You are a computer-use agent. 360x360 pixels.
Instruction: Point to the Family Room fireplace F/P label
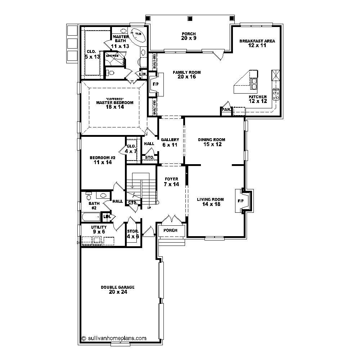coord(156,84)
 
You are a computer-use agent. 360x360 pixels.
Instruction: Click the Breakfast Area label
coord(257,43)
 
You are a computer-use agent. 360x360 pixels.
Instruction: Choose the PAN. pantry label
coord(226,109)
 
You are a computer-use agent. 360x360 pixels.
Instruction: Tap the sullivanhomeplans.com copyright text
coord(114,338)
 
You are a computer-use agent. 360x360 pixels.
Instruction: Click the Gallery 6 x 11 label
coord(170,142)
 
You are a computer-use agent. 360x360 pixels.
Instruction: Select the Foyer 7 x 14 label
coord(171,181)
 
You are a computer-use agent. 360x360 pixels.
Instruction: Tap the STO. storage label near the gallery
coord(149,157)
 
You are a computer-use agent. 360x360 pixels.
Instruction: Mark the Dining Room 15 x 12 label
coord(212,142)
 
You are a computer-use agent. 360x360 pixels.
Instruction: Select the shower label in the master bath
coord(112,56)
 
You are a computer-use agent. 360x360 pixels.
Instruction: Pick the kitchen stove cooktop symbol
coord(276,94)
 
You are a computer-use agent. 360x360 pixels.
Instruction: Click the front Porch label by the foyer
coord(171,230)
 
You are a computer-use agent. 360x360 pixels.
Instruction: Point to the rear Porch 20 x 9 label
coord(189,36)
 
